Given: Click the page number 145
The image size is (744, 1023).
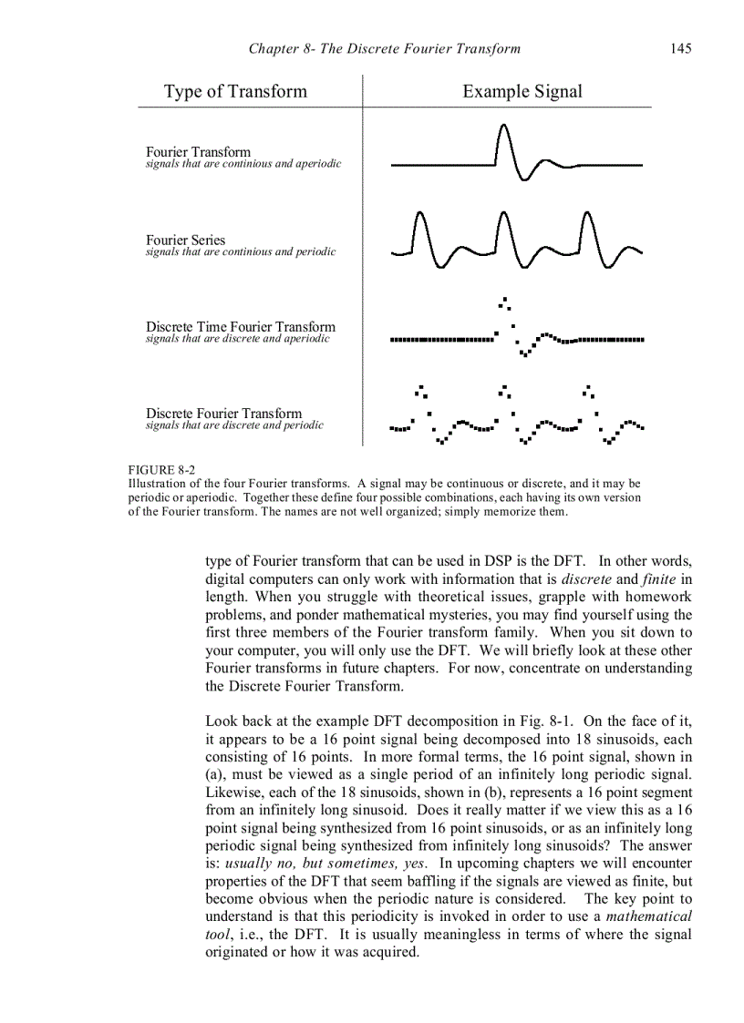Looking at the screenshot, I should pyautogui.click(x=680, y=48).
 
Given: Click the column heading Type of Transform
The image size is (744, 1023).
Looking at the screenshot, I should pyautogui.click(x=235, y=91).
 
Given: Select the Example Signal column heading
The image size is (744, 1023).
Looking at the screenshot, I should pyautogui.click(x=522, y=91).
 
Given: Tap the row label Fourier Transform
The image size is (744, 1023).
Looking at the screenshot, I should pyautogui.click(x=198, y=152).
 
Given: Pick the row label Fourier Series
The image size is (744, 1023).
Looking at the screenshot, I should pyautogui.click(x=185, y=240).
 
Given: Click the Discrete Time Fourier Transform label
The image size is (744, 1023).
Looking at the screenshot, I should pyautogui.click(x=241, y=327).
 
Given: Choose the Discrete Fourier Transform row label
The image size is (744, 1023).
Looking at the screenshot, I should pyautogui.click(x=223, y=414).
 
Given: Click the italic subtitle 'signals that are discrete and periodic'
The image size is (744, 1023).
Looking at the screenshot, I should pyautogui.click(x=234, y=425).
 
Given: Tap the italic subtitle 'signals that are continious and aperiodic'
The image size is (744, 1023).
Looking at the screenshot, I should pyautogui.click(x=243, y=164).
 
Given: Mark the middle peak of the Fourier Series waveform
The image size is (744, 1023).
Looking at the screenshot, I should pyautogui.click(x=503, y=216).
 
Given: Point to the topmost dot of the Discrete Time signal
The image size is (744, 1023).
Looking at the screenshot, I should pyautogui.click(x=504, y=299).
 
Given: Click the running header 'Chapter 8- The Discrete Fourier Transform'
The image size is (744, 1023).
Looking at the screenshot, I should pyautogui.click(x=384, y=48).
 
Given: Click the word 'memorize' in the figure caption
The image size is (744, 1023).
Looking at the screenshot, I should pyautogui.click(x=513, y=511).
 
